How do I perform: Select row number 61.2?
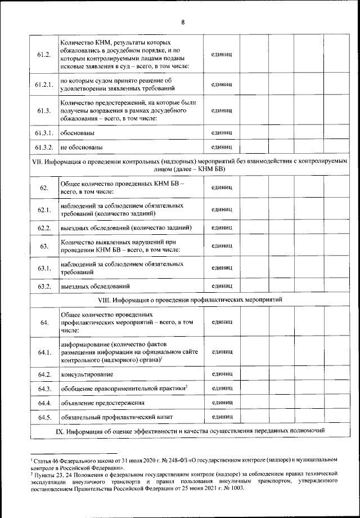tap(44, 55)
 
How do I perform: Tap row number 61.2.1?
tap(44, 84)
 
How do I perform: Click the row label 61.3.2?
tap(44, 148)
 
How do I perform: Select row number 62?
tap(44, 187)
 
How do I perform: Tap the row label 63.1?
tap(44, 267)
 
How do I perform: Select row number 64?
tap(44, 323)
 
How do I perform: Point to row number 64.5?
tap(44, 418)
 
